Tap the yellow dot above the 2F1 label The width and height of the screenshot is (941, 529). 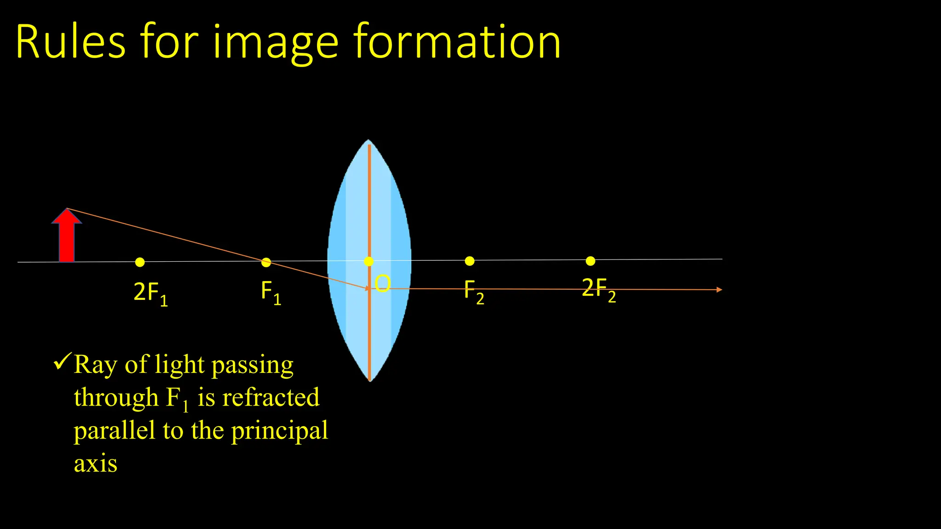(140, 262)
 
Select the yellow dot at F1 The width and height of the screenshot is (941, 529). (266, 263)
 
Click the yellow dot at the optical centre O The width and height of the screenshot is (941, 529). (368, 261)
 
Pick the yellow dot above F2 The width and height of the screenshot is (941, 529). (470, 261)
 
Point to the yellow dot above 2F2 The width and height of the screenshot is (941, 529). (590, 261)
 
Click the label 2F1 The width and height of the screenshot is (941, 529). (150, 293)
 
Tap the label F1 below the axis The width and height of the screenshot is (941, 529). (271, 292)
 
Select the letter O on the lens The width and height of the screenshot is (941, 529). (383, 284)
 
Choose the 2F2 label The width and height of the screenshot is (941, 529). (598, 289)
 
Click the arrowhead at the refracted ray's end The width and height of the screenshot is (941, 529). (719, 290)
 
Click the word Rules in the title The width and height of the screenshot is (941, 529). (70, 42)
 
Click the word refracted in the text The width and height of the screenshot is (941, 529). (271, 398)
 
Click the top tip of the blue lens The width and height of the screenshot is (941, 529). (368, 141)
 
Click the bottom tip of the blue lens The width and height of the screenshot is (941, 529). (370, 380)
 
